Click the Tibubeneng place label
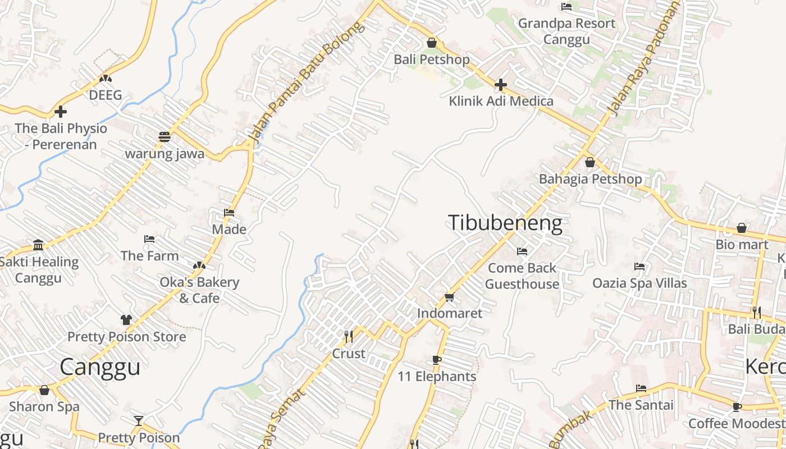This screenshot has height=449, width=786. [x=505, y=223]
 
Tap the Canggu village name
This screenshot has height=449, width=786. [x=100, y=367]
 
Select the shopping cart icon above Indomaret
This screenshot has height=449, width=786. [x=449, y=296]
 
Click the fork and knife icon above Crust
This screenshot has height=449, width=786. [x=349, y=337]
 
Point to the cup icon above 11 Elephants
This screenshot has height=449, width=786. [x=437, y=360]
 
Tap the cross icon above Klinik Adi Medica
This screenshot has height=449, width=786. [x=501, y=85]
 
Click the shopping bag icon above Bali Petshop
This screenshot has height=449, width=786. [x=432, y=43]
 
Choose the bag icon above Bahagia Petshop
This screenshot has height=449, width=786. [x=590, y=163]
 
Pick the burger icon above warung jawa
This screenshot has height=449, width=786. [x=164, y=136]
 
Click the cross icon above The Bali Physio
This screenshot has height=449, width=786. [x=61, y=112]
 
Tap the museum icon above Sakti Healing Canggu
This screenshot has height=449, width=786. [x=38, y=245]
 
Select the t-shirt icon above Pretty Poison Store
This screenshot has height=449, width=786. [x=126, y=320]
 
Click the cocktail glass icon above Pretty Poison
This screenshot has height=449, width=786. [x=139, y=420]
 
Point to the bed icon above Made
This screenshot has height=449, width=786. [x=229, y=213]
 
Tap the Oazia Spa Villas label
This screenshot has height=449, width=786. [x=639, y=283]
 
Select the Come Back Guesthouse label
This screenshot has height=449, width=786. [x=522, y=276]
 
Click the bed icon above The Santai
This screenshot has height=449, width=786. [x=641, y=388]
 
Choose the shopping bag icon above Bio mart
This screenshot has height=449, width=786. [x=742, y=228]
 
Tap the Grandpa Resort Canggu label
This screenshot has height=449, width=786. [x=566, y=31]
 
